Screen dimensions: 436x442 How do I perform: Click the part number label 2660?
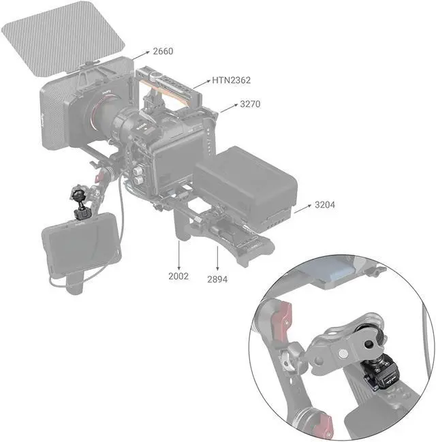pyautogui.click(x=163, y=51)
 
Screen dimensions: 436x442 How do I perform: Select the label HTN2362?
pyautogui.click(x=231, y=80)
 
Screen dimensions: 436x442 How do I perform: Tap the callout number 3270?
pyautogui.click(x=250, y=104)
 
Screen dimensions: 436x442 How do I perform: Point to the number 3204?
pyautogui.click(x=325, y=204)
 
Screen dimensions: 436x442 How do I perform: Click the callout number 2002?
pyautogui.click(x=178, y=276)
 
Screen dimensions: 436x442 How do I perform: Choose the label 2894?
pyautogui.click(x=217, y=279)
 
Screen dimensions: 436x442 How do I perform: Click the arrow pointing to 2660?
pyautogui.click(x=140, y=56)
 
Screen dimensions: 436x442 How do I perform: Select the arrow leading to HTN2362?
pyautogui.click(x=202, y=84)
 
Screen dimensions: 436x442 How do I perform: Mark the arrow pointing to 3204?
pyautogui.click(x=303, y=208)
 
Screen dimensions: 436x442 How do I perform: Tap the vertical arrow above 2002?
pyautogui.click(x=178, y=255)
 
